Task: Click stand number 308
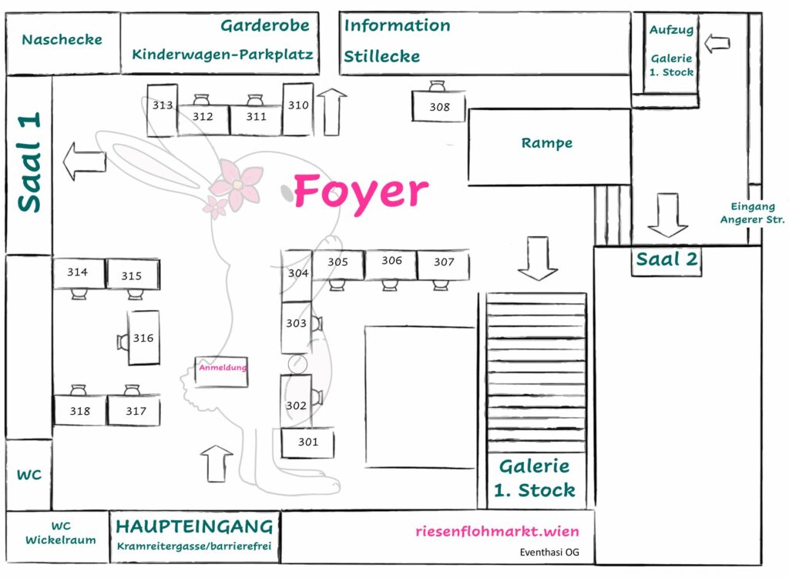pos(439,107)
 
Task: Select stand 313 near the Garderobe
pos(163,105)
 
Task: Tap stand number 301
pos(308,442)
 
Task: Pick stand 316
pos(143,338)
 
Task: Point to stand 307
pos(444,262)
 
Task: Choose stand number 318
pos(79,411)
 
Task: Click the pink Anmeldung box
pos(223,368)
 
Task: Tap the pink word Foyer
pos(360,192)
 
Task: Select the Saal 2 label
pos(666,259)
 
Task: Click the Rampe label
pos(546,143)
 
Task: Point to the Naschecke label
pos(62,40)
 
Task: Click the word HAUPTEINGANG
pos(194,527)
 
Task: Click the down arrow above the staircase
pos(537,259)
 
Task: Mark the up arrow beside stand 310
pos(332,111)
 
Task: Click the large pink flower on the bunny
pos(237,184)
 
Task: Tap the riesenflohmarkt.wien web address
pos(497,531)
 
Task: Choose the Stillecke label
pos(381,56)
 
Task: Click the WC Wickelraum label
pos(61,533)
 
